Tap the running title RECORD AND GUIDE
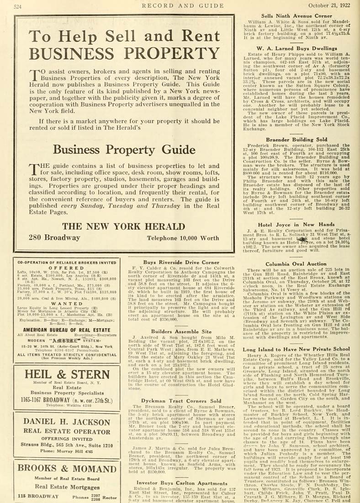coord(181,5)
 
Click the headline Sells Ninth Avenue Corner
coord(296,16)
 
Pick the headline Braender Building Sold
coord(296,139)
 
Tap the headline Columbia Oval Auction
coord(296,264)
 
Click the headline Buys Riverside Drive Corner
coord(181,262)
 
